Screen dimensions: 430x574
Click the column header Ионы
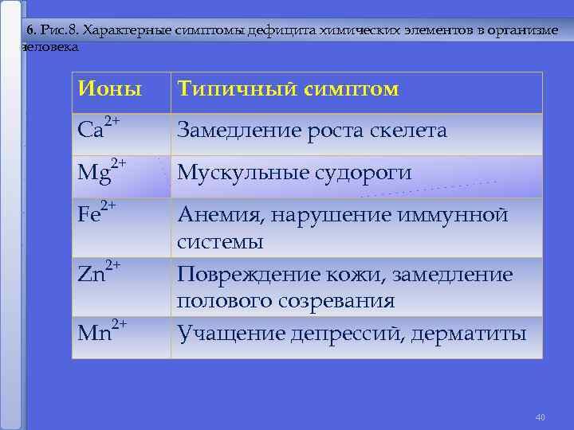[109, 89]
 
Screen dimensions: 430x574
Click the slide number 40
[540, 417]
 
